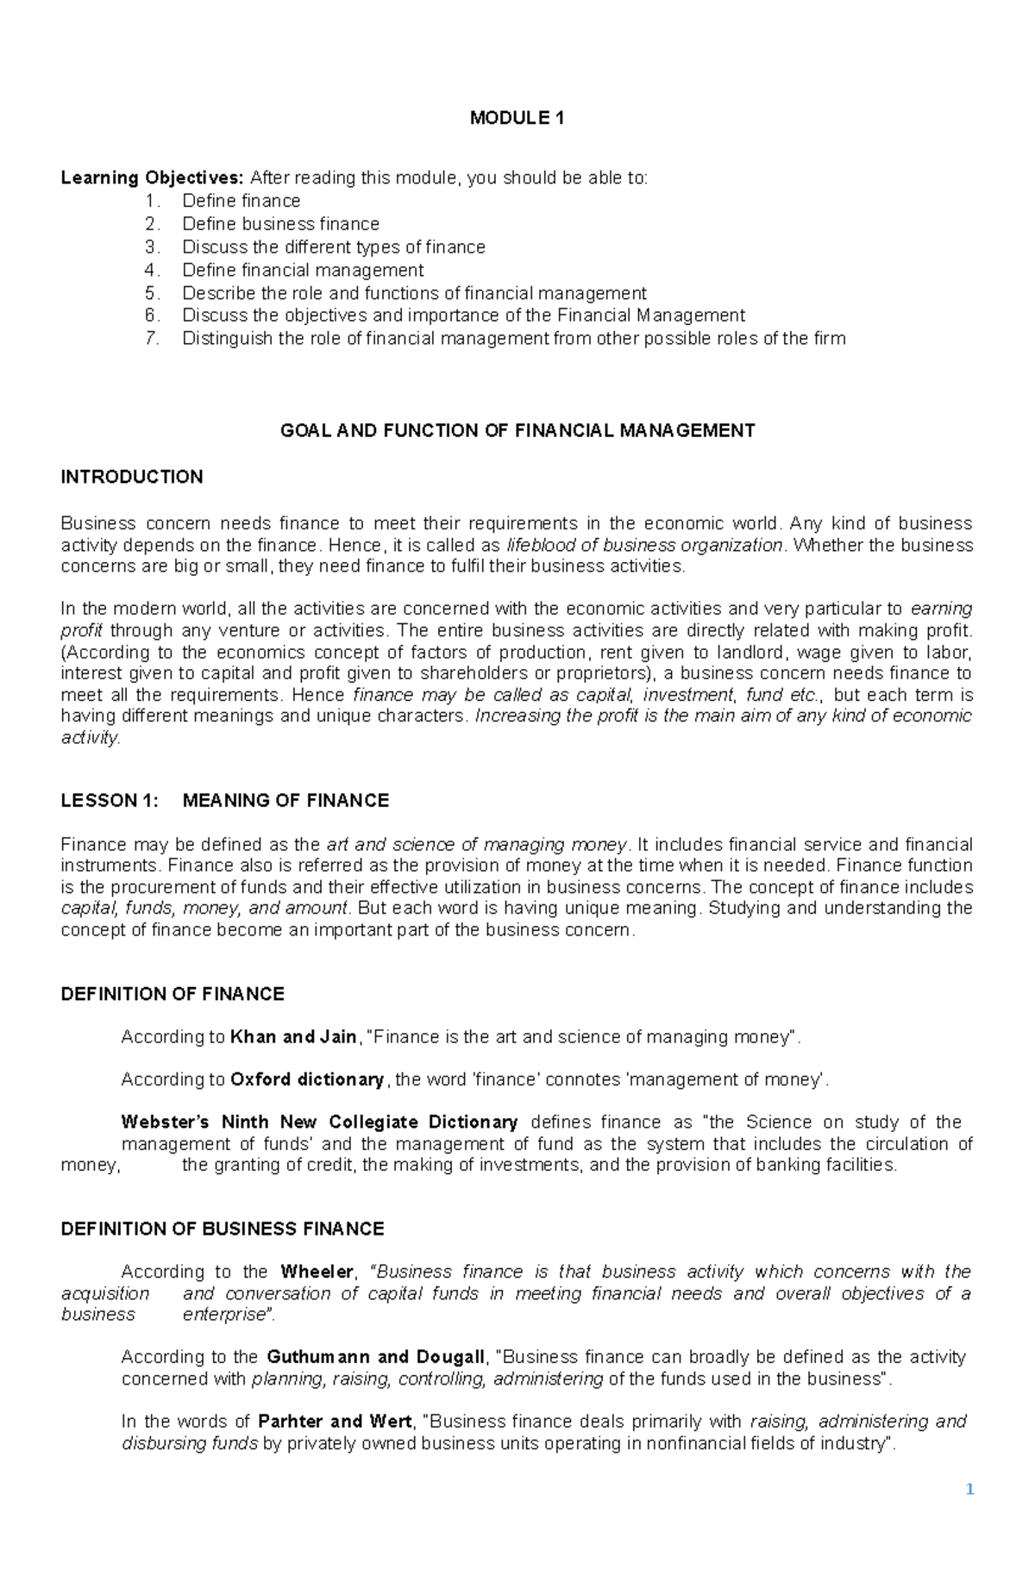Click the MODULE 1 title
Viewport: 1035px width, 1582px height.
pos(517,118)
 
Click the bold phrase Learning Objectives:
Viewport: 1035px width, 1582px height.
pos(153,178)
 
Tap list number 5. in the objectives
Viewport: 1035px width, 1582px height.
pos(153,293)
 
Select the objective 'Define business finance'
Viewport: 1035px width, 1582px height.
pos(280,224)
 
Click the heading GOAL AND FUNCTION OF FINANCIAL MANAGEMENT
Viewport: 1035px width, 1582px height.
pos(517,431)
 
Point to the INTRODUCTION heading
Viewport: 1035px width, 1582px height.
pos(132,478)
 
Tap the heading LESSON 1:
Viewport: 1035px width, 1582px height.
pos(110,801)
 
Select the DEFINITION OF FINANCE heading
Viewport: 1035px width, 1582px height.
pos(172,995)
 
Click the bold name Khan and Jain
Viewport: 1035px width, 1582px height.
pos(293,1037)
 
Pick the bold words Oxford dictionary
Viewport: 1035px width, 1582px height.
pos(307,1080)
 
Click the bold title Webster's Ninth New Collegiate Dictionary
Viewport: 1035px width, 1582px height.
pos(319,1122)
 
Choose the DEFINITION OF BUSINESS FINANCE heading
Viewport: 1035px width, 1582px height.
pos(223,1229)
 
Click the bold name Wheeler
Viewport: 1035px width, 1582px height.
pos(317,1272)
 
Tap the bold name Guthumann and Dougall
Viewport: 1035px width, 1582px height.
pos(376,1358)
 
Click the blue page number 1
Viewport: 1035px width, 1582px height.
pos(969,1490)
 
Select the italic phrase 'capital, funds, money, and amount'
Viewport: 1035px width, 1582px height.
pos(204,909)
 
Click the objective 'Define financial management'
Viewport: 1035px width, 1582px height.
pos(303,271)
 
